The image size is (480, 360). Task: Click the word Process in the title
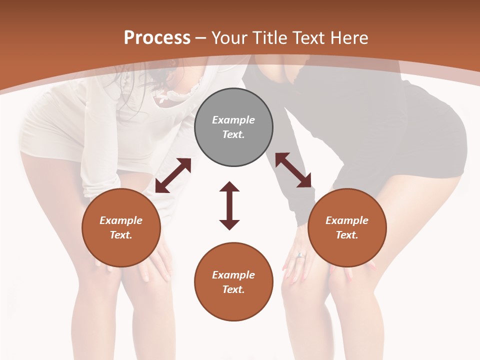(x=157, y=38)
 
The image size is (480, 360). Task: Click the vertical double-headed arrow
(x=229, y=205)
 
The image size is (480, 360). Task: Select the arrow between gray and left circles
(x=173, y=175)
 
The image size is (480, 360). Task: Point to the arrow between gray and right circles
(x=293, y=170)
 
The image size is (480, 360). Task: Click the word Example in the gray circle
(x=233, y=120)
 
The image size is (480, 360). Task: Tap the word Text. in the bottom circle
(x=233, y=289)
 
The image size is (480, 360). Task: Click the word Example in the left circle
(x=121, y=220)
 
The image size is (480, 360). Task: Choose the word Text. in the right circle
(x=347, y=235)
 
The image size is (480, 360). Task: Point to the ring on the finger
(x=300, y=255)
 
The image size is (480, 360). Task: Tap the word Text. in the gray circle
(x=233, y=134)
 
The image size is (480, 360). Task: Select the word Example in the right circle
(x=347, y=220)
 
